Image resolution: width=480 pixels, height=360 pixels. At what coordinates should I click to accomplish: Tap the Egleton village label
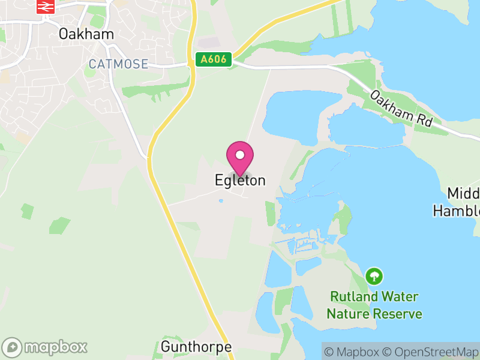pyautogui.click(x=240, y=180)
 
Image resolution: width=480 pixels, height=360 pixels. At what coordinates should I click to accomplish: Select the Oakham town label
pyautogui.click(x=86, y=34)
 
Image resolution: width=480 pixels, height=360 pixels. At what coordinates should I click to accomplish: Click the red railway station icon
pyautogui.click(x=44, y=7)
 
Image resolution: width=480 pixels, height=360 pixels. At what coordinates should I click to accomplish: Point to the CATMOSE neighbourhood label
pyautogui.click(x=118, y=64)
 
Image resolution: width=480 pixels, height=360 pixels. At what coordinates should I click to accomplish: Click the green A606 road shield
pyautogui.click(x=213, y=59)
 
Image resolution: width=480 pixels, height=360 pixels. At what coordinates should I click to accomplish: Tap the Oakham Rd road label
pyautogui.click(x=401, y=108)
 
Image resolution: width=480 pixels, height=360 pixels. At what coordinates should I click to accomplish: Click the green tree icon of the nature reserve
pyautogui.click(x=375, y=277)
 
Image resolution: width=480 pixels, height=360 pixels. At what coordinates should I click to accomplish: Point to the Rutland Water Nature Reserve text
pyautogui.click(x=374, y=305)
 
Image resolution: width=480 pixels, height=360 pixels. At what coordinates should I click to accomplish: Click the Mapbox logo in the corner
pyautogui.click(x=46, y=347)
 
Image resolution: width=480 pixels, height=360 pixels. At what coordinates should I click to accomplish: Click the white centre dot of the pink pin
pyautogui.click(x=240, y=155)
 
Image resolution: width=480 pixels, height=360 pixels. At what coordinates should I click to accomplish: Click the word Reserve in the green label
pyautogui.click(x=398, y=314)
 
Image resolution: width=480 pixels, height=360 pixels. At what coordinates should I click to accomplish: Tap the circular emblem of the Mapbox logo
pyautogui.click(x=13, y=347)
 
